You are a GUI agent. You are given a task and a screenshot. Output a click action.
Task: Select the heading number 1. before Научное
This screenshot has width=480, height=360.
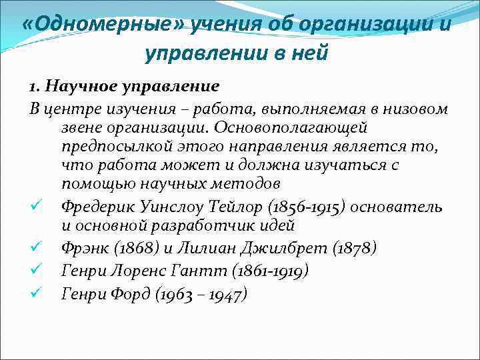[35, 86]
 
